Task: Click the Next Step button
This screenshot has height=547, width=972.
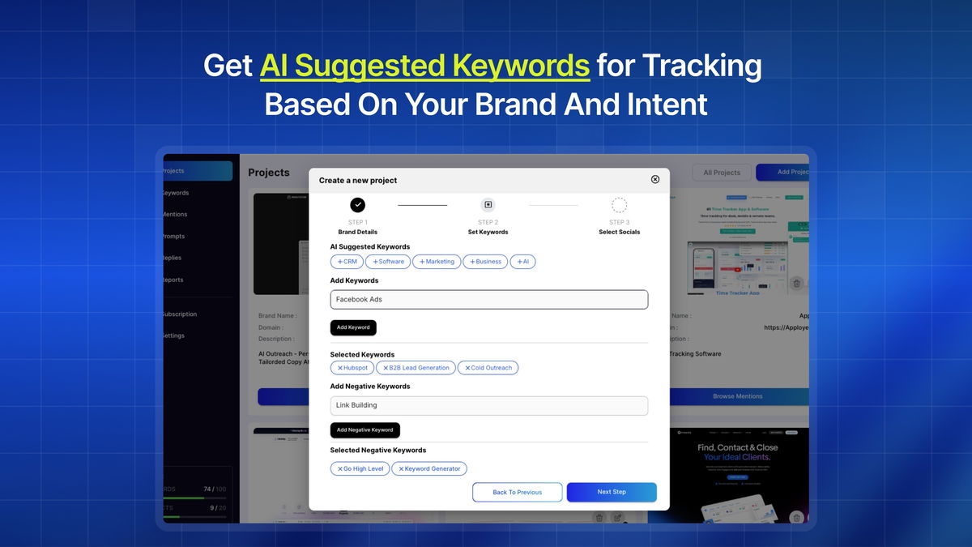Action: pyautogui.click(x=612, y=492)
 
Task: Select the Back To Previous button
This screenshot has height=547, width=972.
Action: pyautogui.click(x=518, y=492)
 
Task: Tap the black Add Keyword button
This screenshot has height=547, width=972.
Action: pyautogui.click(x=353, y=327)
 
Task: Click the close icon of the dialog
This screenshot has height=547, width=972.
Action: pyautogui.click(x=655, y=180)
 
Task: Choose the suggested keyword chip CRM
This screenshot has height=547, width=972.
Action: pyautogui.click(x=347, y=262)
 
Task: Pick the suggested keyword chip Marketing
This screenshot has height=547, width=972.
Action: pyautogui.click(x=437, y=262)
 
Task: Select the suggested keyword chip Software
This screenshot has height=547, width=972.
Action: pyautogui.click(x=388, y=262)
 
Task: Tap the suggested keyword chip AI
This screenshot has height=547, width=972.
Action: pyautogui.click(x=522, y=262)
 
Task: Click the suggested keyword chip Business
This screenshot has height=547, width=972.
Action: pyautogui.click(x=485, y=262)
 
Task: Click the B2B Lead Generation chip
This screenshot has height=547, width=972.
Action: pyautogui.click(x=416, y=368)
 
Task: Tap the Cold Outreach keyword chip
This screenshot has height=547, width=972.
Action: pyautogui.click(x=488, y=368)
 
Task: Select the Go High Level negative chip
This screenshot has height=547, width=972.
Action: pyautogui.click(x=360, y=468)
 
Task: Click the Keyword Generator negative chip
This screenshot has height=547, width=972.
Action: pyautogui.click(x=429, y=468)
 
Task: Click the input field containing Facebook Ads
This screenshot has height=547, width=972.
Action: pyautogui.click(x=489, y=300)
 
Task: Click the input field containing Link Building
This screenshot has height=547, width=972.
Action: pyautogui.click(x=489, y=405)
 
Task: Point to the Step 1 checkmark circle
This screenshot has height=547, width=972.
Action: pyautogui.click(x=357, y=205)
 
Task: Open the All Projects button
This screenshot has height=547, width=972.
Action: pyautogui.click(x=722, y=173)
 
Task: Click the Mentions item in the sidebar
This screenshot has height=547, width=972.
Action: pyautogui.click(x=176, y=215)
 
